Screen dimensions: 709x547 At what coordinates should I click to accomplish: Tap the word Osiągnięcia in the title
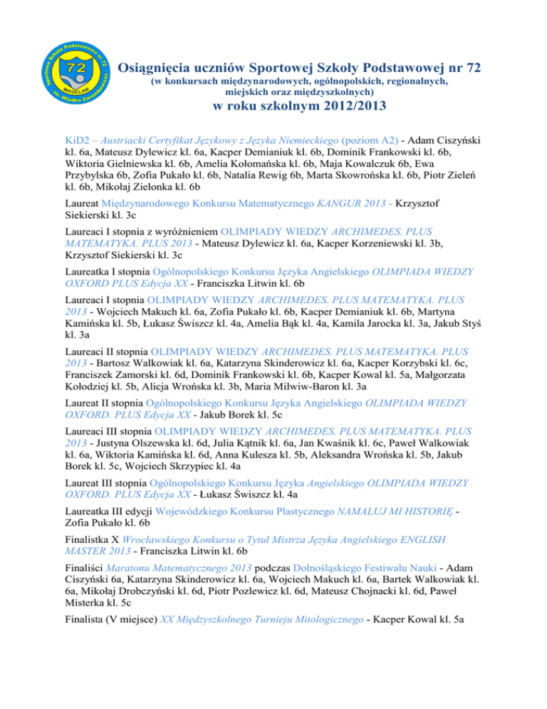155,68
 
